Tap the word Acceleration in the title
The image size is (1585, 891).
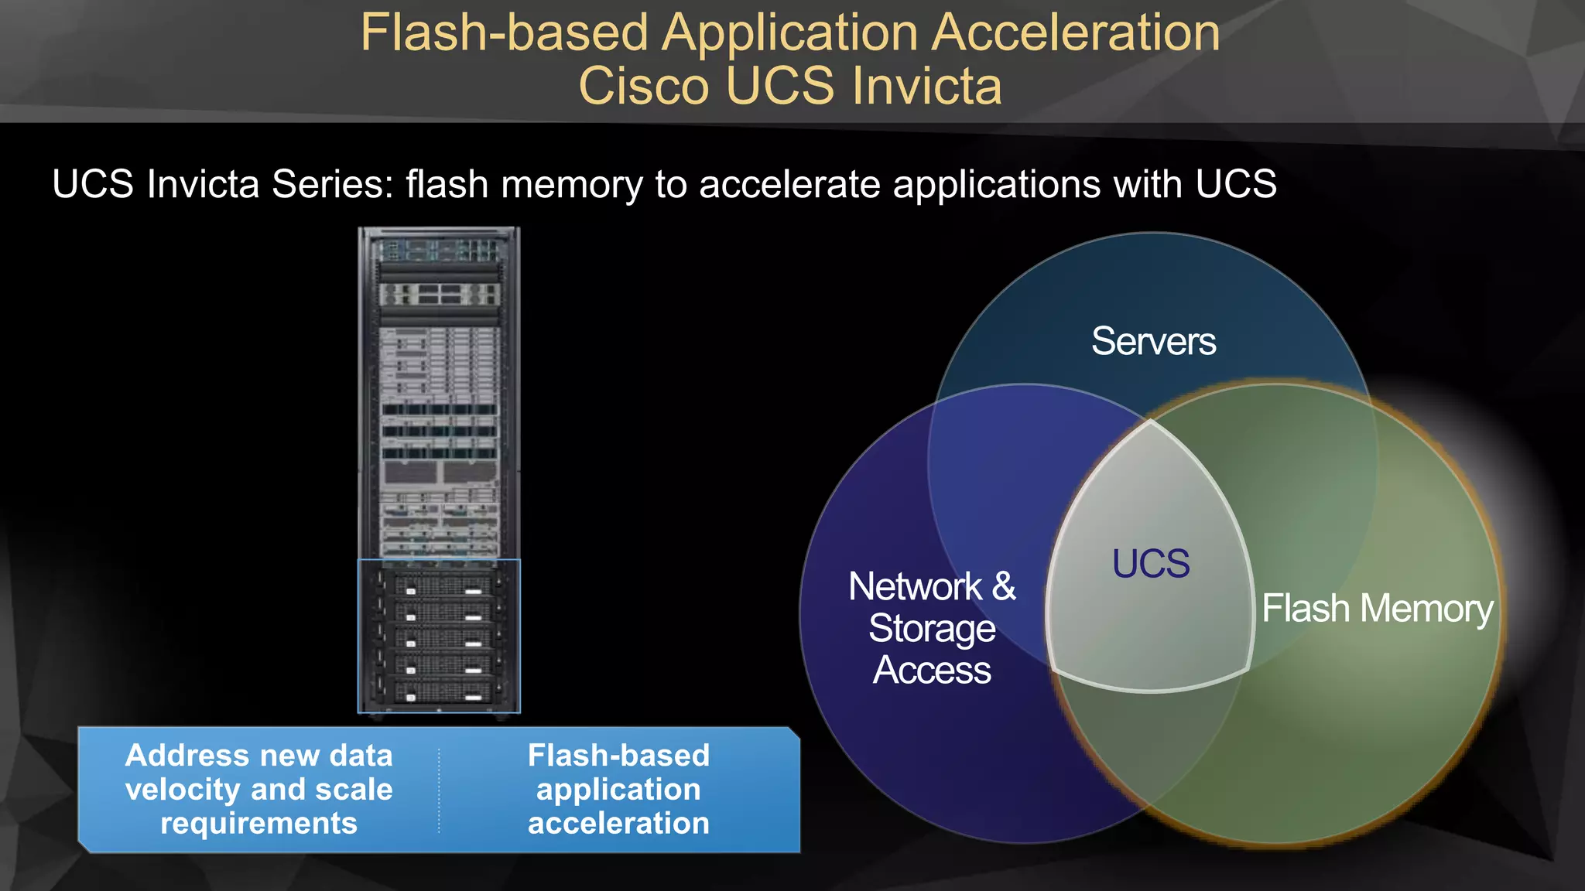tap(1076, 32)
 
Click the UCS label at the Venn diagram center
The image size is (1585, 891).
tap(1151, 563)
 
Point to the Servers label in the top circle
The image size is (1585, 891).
tap(1153, 341)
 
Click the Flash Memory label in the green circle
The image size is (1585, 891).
tap(1378, 608)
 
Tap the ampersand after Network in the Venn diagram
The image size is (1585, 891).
tap(1004, 585)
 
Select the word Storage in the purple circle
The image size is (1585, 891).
tap(932, 628)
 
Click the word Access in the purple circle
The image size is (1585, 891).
tap(932, 670)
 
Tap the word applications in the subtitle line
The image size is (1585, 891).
tap(997, 184)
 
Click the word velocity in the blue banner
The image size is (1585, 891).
tap(183, 790)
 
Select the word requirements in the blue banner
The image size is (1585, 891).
tap(258, 824)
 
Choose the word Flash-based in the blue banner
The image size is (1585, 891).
tap(618, 755)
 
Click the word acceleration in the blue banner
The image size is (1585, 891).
tap(618, 824)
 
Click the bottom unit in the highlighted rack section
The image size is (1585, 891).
tap(439, 691)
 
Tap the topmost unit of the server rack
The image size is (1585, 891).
tap(439, 250)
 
